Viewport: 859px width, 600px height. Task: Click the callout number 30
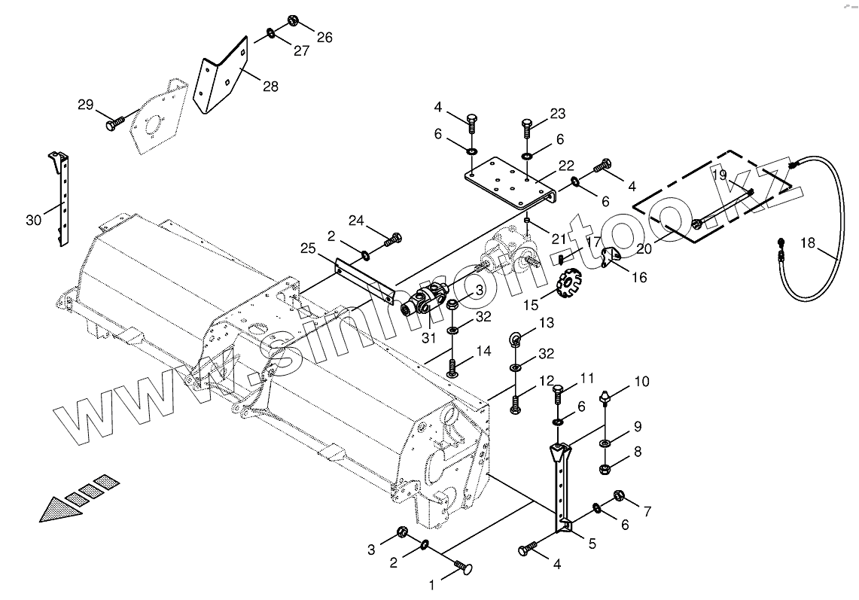coord(33,220)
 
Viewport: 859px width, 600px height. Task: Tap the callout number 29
coord(86,105)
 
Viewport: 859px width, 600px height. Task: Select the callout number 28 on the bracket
coord(270,87)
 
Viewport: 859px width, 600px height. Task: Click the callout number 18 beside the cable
coord(807,242)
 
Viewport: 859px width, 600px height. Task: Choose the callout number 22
coord(566,166)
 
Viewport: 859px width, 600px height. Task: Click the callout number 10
coord(641,382)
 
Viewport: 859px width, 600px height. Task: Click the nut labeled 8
coord(608,471)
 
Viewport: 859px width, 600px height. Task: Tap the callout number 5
coord(592,542)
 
